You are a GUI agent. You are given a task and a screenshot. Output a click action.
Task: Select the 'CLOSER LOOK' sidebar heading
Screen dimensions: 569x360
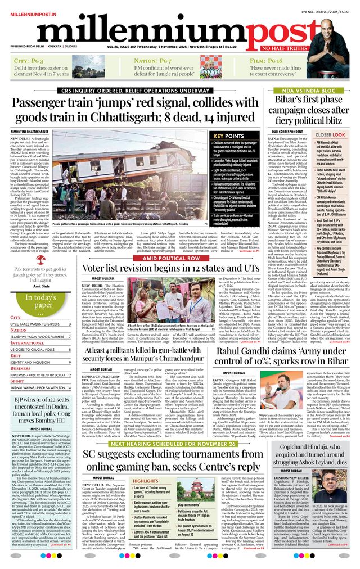[x=330, y=135]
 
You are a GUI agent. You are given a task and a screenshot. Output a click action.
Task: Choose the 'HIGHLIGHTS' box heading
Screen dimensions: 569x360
[x=145, y=481]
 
